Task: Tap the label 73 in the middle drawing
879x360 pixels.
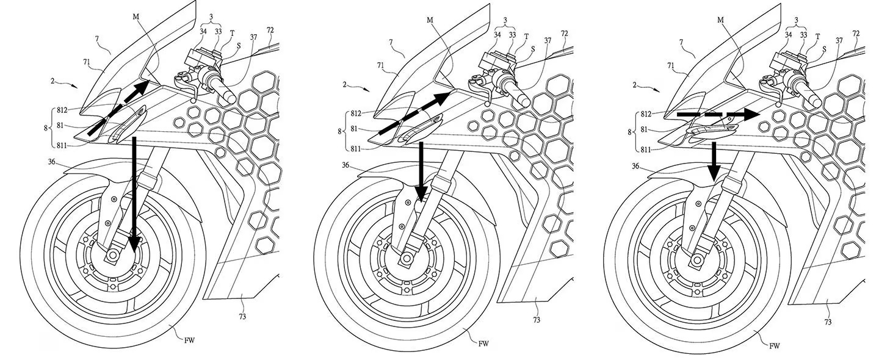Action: coord(536,320)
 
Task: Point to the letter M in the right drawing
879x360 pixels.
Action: coord(720,20)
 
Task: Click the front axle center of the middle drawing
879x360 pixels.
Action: coord(405,259)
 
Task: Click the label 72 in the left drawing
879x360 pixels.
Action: coord(270,31)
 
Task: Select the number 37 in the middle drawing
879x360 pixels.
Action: coord(548,41)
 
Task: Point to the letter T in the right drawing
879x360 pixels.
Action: coord(817,36)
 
